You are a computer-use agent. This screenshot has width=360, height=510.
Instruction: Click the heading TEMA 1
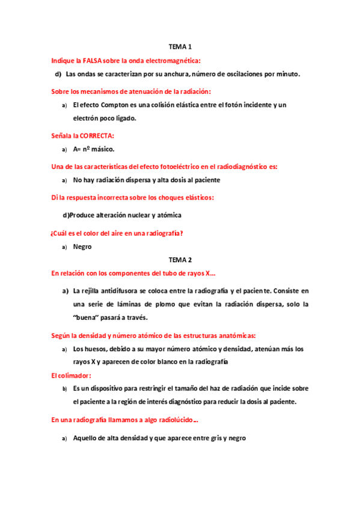(180, 46)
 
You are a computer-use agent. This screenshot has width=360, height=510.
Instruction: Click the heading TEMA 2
(180, 260)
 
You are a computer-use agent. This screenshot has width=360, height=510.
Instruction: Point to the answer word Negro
(82, 247)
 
